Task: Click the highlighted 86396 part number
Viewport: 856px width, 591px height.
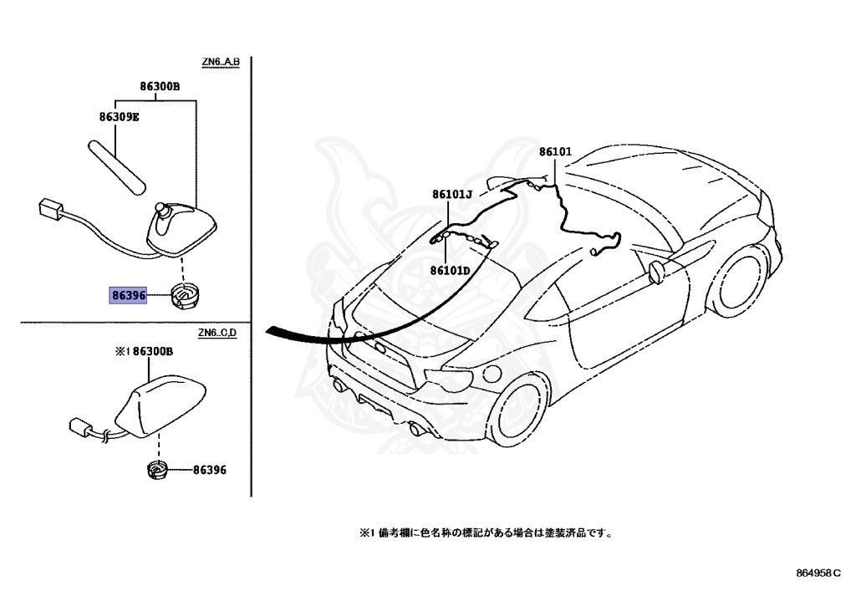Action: pos(128,295)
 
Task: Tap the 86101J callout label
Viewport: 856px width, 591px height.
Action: pos(452,195)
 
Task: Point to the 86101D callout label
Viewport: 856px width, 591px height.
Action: pos(451,270)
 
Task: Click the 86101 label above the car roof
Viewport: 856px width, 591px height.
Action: pos(554,152)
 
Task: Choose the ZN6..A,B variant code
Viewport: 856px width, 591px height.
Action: pos(220,62)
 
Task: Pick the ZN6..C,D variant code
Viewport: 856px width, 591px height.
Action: pos(218,334)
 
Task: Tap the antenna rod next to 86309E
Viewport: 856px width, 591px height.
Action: pos(116,163)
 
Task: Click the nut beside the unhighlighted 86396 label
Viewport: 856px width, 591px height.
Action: pos(157,470)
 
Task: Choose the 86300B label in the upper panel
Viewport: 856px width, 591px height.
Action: pos(160,86)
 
